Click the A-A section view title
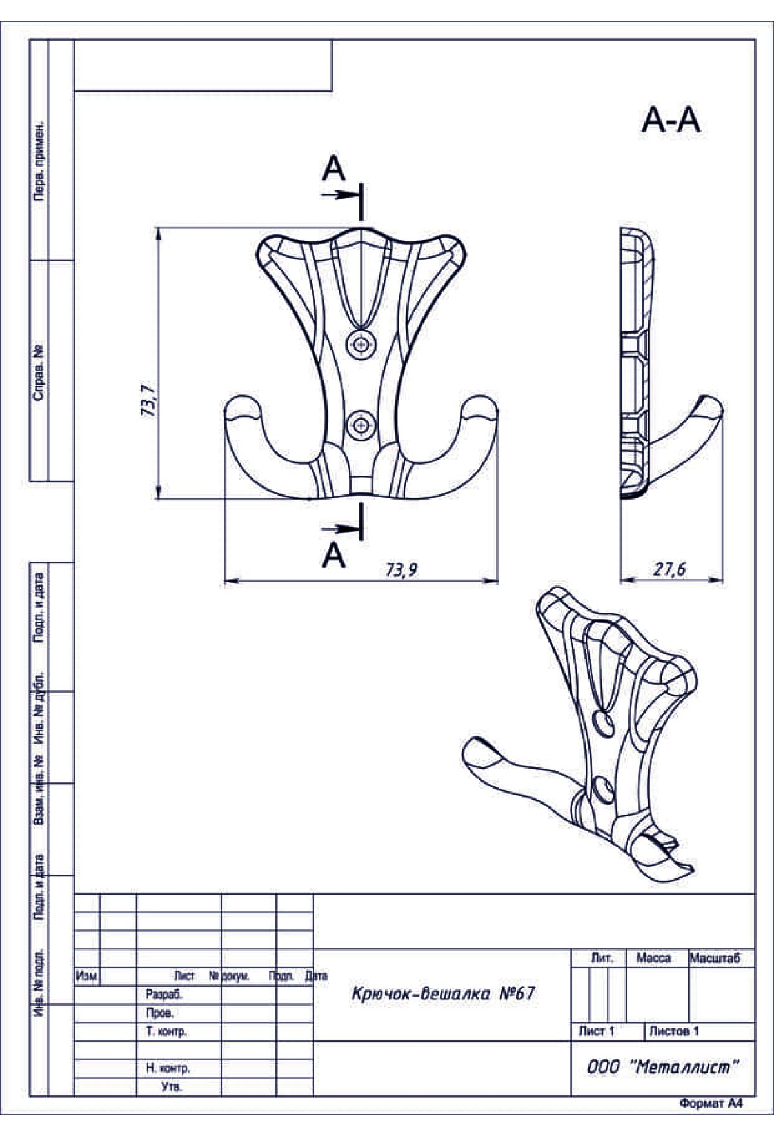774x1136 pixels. (x=671, y=121)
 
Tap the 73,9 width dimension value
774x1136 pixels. (x=402, y=570)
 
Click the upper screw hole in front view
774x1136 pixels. (x=361, y=345)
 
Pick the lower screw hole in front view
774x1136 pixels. (x=361, y=425)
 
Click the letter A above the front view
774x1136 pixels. (x=333, y=170)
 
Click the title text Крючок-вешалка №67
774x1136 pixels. (x=443, y=993)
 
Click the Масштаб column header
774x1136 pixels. (x=715, y=959)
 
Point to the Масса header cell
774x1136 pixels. (x=653, y=959)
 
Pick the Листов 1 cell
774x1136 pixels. (x=673, y=1031)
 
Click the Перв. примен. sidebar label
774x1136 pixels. (x=39, y=160)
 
